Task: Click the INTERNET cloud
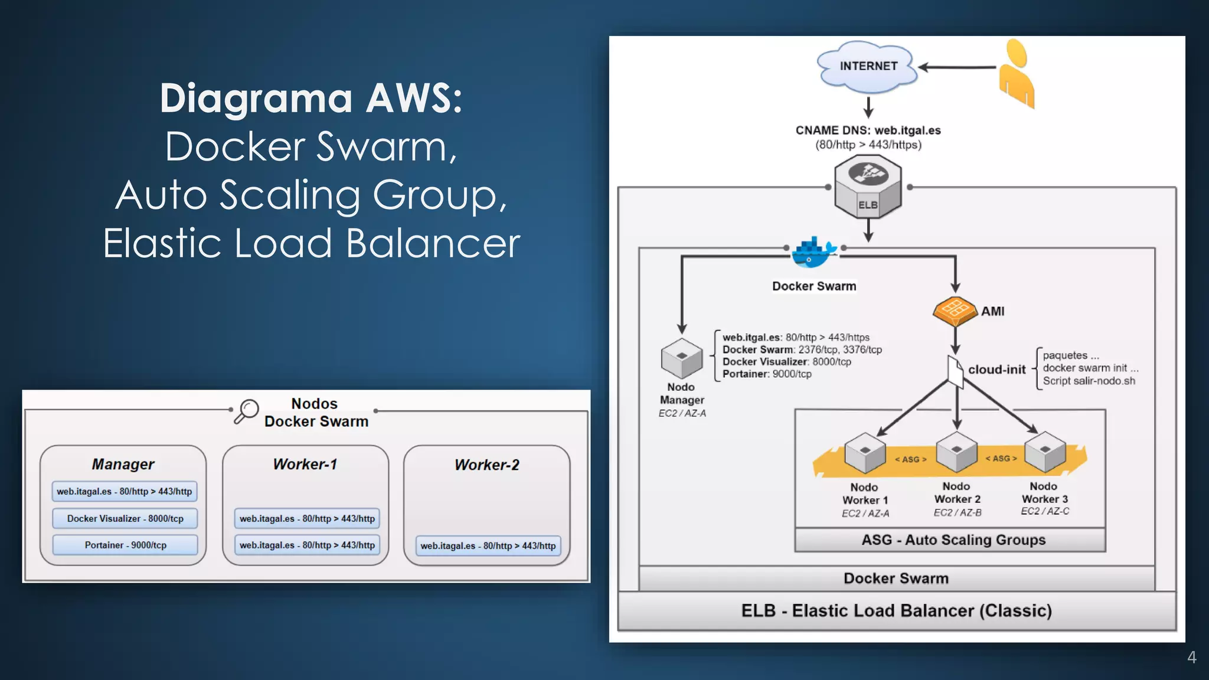(x=867, y=67)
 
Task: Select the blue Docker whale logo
(x=813, y=252)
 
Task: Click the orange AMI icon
(x=955, y=310)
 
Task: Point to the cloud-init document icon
(x=955, y=371)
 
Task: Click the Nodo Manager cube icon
(x=682, y=358)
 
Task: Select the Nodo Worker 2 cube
(x=957, y=452)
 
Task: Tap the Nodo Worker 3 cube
(x=1045, y=452)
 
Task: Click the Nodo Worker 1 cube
(x=865, y=453)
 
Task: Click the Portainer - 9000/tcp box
(x=125, y=545)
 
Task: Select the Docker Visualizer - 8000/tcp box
(x=125, y=518)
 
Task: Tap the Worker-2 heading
(x=486, y=465)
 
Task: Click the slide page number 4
(x=1191, y=657)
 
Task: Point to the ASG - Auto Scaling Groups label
(x=953, y=540)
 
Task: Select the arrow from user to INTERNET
(x=957, y=67)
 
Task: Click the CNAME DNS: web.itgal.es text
(x=868, y=130)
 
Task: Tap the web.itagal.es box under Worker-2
(x=488, y=546)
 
